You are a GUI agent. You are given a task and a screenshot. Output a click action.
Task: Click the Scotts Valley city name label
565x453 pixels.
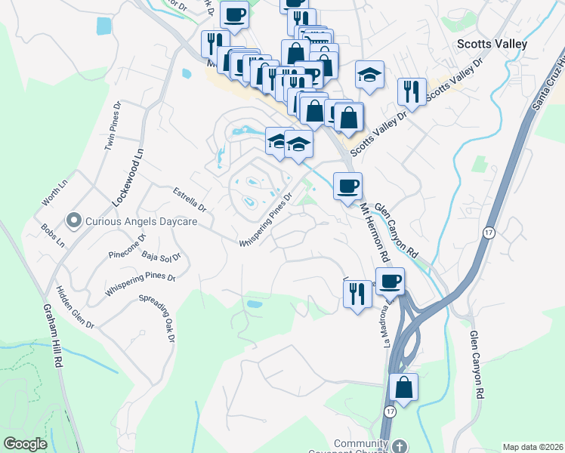[492, 44]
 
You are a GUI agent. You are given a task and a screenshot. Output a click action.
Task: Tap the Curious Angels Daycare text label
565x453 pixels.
[141, 221]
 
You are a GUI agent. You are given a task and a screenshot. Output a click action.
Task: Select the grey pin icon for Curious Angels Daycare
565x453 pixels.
[73, 220]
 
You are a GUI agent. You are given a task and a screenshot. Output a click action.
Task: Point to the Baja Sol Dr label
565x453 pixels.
[162, 257]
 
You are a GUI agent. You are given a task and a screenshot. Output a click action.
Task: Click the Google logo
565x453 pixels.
[26, 444]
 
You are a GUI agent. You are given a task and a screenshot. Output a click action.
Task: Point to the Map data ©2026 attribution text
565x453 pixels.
[533, 447]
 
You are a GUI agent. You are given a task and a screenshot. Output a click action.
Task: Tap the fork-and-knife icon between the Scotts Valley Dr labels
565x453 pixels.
[411, 92]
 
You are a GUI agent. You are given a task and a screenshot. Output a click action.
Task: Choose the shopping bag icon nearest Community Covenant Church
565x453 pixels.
[404, 388]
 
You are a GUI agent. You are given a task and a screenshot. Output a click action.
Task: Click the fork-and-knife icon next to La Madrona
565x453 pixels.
[358, 291]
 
